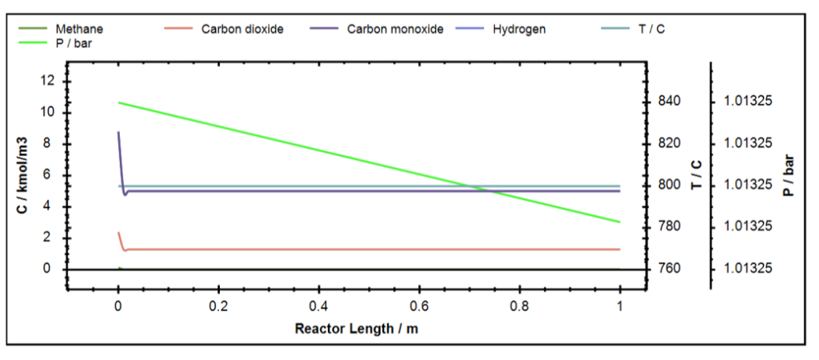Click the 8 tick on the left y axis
(x=50, y=144)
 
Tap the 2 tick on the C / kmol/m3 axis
(x=50, y=238)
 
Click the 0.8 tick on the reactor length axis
(x=519, y=306)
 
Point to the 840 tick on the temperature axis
(x=670, y=102)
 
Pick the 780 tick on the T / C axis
(x=670, y=226)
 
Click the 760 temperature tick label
(x=670, y=268)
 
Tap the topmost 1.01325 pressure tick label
(x=748, y=102)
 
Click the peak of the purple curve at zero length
(x=118, y=133)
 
